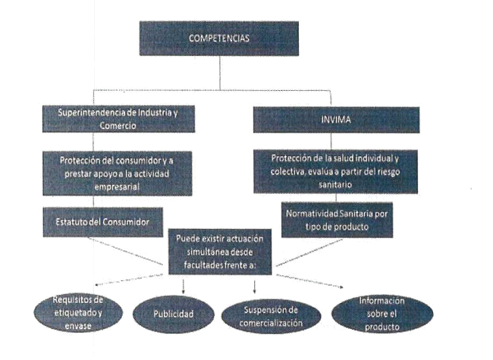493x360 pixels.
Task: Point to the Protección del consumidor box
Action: click(x=121, y=173)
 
